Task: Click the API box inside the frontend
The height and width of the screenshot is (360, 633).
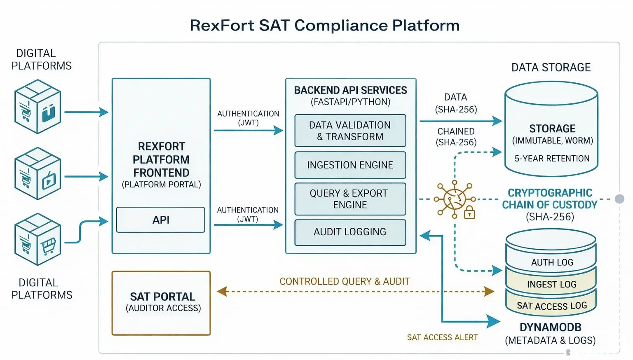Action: [x=160, y=220]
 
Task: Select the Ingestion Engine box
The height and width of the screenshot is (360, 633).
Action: [x=350, y=165]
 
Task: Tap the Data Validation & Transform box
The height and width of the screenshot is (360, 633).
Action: [x=350, y=131]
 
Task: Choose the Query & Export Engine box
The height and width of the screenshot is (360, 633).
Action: [x=350, y=199]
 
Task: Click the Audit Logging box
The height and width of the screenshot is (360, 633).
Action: [x=350, y=232]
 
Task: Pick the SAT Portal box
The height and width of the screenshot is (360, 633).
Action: [x=161, y=303]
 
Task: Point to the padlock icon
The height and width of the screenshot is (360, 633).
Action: [x=469, y=213]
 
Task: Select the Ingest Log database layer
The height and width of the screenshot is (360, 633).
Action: [x=551, y=283]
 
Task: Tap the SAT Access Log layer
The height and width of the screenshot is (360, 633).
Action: [x=551, y=305]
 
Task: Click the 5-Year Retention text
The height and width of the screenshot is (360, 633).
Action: [x=552, y=159]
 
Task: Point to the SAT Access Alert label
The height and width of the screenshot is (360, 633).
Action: [x=442, y=337]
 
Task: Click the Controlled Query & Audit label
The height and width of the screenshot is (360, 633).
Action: [x=345, y=281]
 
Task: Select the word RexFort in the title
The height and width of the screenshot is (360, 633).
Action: [x=222, y=25]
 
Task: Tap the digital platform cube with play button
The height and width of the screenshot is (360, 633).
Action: [x=38, y=173]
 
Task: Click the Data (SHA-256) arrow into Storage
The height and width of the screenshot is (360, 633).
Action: [x=461, y=121]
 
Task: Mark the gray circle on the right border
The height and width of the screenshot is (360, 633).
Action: [x=619, y=199]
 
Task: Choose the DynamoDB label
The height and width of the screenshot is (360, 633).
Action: [x=551, y=327]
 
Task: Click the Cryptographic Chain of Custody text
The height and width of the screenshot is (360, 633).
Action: [x=550, y=199]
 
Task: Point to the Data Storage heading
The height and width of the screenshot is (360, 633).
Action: [x=551, y=68]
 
